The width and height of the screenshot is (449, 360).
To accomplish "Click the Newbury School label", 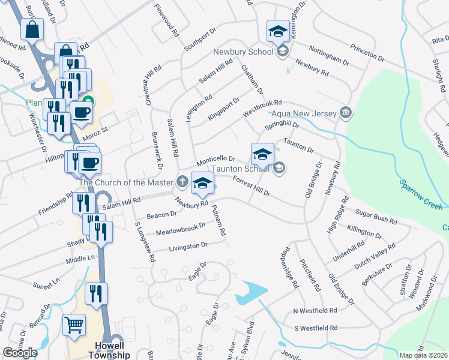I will coord(243,52).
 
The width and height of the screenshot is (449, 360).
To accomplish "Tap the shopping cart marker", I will coord(74,325).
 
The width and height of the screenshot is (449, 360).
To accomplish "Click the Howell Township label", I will coord(113,350).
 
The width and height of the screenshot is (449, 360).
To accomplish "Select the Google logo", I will coord(20,353).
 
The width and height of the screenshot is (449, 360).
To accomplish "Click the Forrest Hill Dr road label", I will coord(252,187).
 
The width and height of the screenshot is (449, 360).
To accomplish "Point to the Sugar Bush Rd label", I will coord(376,217).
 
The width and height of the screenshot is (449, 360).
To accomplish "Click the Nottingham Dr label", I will coord(328,55).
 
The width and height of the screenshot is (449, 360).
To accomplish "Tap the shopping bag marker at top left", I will coord(32,28).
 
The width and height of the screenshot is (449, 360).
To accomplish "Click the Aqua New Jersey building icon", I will coord(345,112).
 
